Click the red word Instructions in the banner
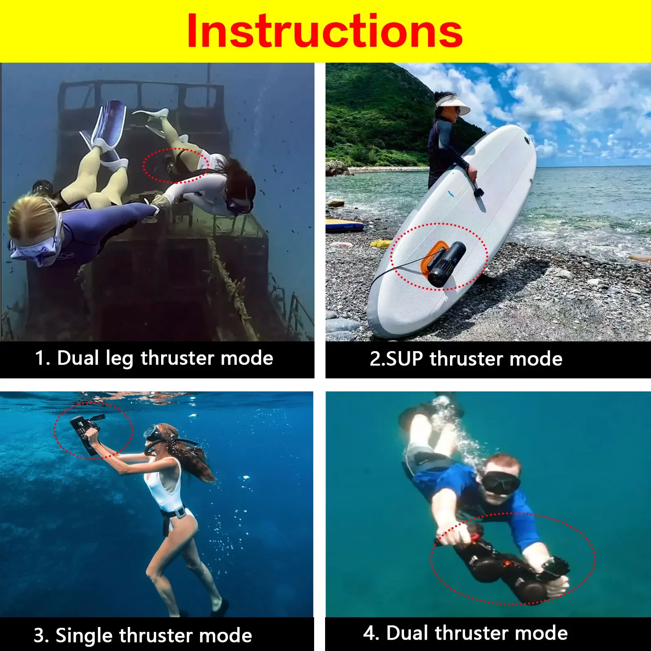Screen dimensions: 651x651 [x=325, y=32]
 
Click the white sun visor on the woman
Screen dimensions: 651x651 [x=452, y=105]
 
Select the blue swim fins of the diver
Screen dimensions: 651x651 [x=108, y=124]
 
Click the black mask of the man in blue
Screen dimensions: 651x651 [x=500, y=483]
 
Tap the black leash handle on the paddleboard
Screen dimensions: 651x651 [x=478, y=192]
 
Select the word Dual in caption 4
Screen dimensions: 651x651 [x=407, y=633]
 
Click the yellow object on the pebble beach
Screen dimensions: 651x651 [x=381, y=244]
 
